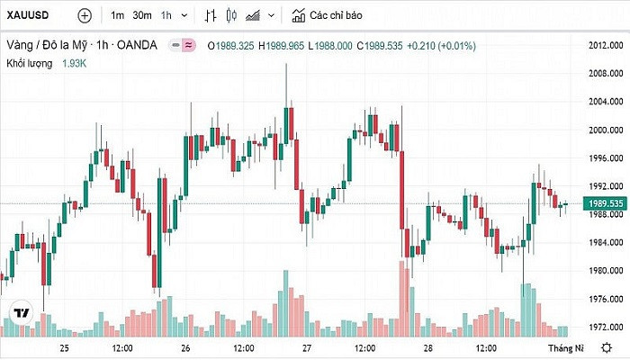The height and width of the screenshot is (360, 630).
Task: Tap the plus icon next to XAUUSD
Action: click(x=85, y=15)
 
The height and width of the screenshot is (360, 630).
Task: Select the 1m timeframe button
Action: click(x=117, y=15)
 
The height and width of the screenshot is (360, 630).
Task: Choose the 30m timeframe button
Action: click(x=142, y=15)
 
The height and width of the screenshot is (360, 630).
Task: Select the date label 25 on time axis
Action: click(x=64, y=347)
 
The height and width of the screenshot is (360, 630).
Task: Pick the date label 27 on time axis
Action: click(x=306, y=347)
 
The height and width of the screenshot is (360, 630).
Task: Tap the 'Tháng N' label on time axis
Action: click(x=567, y=347)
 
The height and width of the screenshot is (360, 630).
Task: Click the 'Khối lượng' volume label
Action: click(x=30, y=63)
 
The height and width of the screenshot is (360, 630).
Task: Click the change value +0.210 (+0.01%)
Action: click(x=443, y=45)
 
